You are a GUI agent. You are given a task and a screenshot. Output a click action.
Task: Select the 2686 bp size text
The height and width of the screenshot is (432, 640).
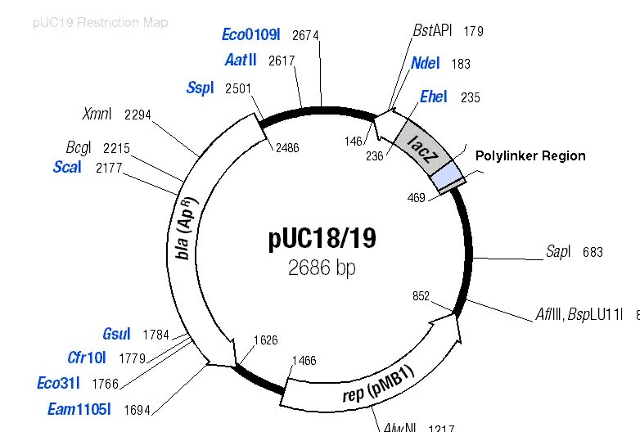pyautogui.click(x=322, y=268)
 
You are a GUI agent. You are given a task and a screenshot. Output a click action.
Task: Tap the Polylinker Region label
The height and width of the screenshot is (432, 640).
pyautogui.click(x=530, y=155)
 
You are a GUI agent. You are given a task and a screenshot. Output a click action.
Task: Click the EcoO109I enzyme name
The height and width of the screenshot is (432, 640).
pyautogui.click(x=250, y=34)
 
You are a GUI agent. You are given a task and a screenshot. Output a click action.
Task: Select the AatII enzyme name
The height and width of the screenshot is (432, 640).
pyautogui.click(x=241, y=61)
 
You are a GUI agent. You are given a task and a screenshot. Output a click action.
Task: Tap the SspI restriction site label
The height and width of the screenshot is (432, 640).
pyautogui.click(x=200, y=88)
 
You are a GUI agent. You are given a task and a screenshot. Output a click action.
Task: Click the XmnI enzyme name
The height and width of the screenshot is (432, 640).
pyautogui.click(x=97, y=114)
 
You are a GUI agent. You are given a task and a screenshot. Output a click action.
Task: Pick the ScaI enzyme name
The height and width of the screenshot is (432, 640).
pyautogui.click(x=66, y=168)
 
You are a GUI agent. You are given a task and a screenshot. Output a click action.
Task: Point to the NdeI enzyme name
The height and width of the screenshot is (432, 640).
pyautogui.click(x=426, y=63)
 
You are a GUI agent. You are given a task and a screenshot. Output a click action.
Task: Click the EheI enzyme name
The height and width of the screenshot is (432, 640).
pyautogui.click(x=433, y=97)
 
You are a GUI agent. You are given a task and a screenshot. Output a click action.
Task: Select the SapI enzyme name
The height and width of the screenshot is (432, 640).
pyautogui.click(x=558, y=252)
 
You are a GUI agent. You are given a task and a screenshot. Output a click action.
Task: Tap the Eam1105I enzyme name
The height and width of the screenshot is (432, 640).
pyautogui.click(x=79, y=409)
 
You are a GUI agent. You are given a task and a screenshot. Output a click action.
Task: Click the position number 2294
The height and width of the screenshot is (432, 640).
pyautogui.click(x=137, y=115)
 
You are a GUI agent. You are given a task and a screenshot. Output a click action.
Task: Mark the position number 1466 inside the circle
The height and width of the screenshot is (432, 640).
pyautogui.click(x=304, y=360)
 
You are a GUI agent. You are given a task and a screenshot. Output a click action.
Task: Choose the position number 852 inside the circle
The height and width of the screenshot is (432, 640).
pyautogui.click(x=421, y=296)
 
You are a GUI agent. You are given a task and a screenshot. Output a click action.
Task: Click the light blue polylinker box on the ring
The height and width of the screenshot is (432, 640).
pyautogui.click(x=447, y=176)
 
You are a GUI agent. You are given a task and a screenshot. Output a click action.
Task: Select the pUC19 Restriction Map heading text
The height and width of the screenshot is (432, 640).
pyautogui.click(x=101, y=22)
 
